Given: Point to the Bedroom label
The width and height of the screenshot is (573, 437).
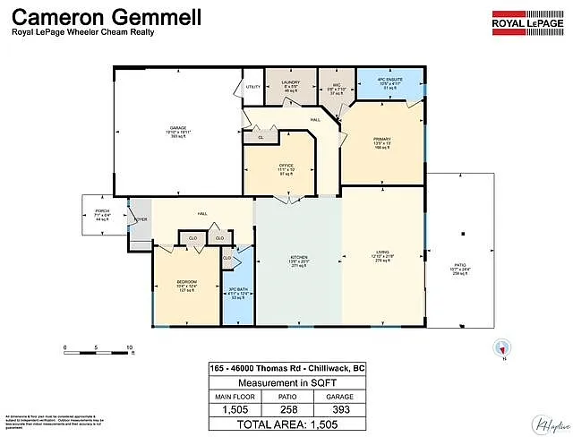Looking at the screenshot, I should [x=186, y=286].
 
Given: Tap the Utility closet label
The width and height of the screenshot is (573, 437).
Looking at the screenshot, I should [x=252, y=87].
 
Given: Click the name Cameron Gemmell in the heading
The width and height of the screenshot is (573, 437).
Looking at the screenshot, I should [x=106, y=16].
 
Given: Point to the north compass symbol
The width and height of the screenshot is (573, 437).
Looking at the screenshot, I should [x=501, y=349].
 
